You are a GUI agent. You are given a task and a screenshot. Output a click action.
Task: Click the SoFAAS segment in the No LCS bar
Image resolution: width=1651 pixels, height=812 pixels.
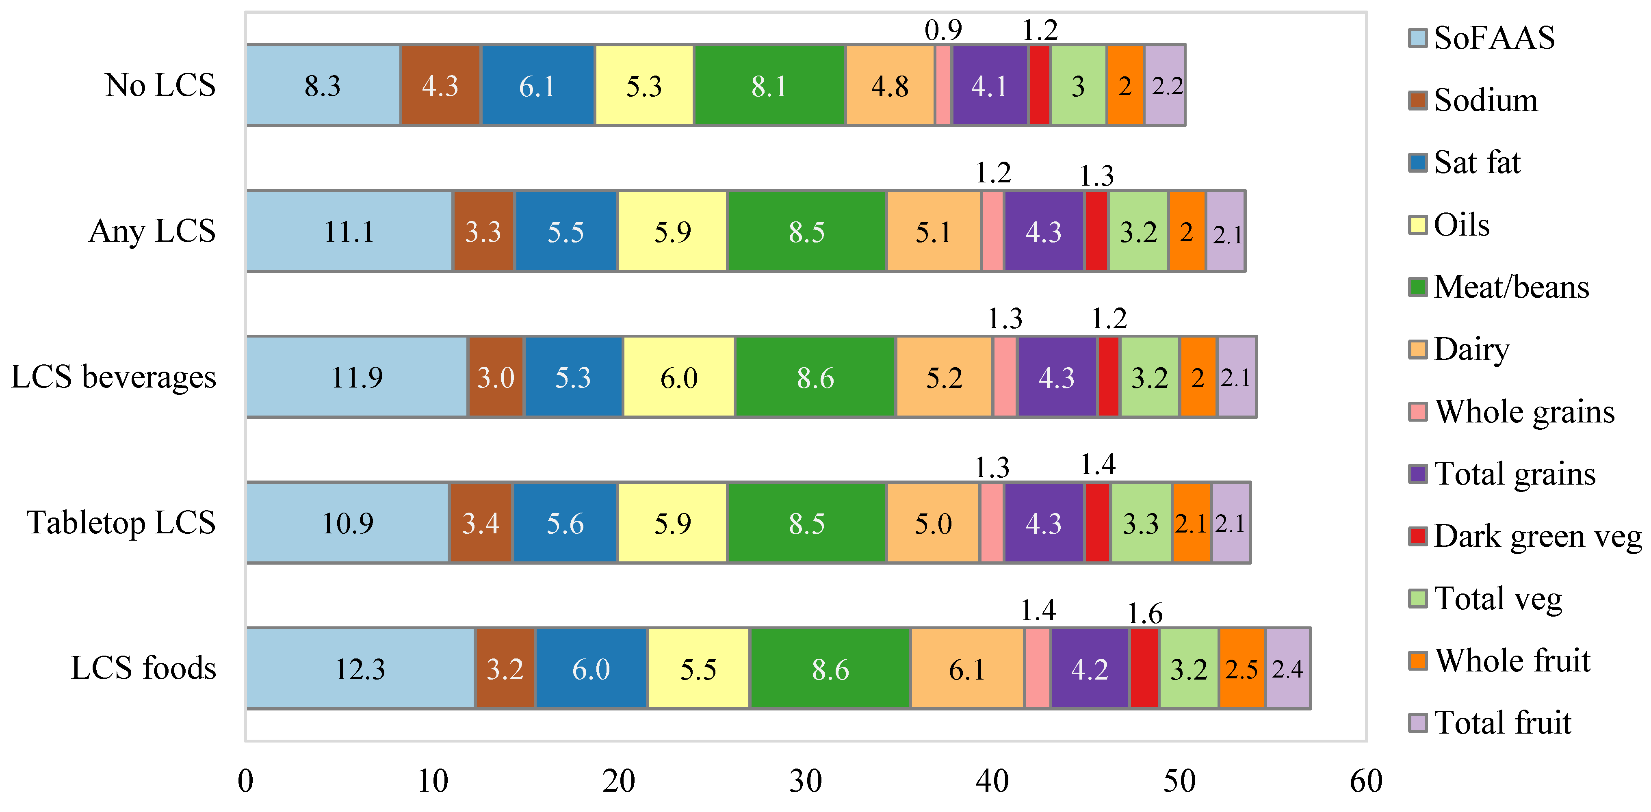click(x=323, y=85)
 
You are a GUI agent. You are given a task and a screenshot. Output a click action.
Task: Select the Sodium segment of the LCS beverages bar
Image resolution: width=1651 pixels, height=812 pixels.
click(x=496, y=377)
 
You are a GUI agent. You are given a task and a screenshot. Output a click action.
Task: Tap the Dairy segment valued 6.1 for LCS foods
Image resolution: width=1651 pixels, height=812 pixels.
click(x=966, y=669)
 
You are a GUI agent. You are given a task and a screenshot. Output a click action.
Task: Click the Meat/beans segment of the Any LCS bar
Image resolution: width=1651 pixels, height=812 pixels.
click(x=807, y=232)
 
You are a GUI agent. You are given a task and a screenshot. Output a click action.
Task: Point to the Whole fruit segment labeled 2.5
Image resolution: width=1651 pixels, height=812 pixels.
click(x=1241, y=669)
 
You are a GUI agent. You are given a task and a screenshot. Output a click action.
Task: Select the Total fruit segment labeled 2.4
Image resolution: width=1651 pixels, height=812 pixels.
click(x=1287, y=669)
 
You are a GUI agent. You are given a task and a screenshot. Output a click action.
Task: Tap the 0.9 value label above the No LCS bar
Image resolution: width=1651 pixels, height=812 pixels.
click(x=943, y=30)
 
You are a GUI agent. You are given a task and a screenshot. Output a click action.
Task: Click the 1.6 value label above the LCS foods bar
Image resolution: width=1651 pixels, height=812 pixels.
click(x=1145, y=613)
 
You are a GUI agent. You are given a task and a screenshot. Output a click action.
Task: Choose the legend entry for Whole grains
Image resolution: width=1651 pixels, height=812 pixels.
click(x=1524, y=411)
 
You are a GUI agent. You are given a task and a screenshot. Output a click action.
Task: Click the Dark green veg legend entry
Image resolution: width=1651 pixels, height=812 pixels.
click(x=1537, y=536)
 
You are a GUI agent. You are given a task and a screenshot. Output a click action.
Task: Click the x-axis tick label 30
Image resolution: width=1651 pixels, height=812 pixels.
click(x=806, y=781)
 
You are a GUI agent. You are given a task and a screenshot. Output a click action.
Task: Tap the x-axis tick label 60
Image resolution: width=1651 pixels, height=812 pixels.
click(x=1366, y=781)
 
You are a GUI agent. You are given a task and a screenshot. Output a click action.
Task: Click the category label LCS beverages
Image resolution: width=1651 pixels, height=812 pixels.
click(x=113, y=377)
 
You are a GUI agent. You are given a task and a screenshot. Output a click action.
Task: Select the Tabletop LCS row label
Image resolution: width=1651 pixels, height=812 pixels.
click(x=121, y=522)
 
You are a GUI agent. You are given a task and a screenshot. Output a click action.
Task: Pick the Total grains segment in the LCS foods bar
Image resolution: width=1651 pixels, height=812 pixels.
click(x=1090, y=669)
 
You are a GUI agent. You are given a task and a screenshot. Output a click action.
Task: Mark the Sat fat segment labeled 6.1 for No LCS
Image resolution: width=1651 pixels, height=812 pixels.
click(x=537, y=85)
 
